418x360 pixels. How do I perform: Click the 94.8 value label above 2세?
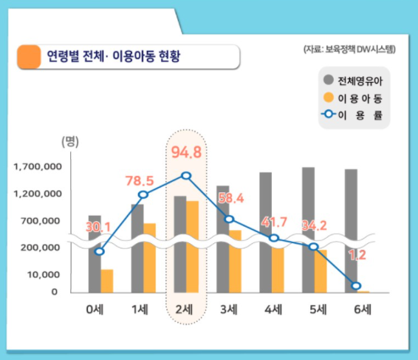(x=186, y=152)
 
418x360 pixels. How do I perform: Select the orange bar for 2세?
(x=193, y=247)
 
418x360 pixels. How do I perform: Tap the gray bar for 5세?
(x=309, y=230)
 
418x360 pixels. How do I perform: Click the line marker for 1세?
(x=143, y=195)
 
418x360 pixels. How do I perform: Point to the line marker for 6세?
(x=357, y=286)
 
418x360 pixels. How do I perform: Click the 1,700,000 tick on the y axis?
(x=38, y=167)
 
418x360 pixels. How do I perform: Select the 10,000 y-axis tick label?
(x=44, y=274)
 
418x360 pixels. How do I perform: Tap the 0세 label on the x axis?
(x=95, y=310)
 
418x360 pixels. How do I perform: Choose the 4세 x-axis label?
(x=273, y=310)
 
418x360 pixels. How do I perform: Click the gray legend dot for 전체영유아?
(x=329, y=80)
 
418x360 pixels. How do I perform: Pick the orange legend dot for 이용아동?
(x=329, y=98)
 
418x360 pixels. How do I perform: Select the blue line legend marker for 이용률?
(x=329, y=115)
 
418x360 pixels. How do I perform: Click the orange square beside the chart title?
(x=29, y=57)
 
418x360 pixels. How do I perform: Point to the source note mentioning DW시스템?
(x=349, y=50)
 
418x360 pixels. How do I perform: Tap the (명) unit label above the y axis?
(x=70, y=141)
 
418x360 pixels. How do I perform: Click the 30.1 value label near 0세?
(x=97, y=227)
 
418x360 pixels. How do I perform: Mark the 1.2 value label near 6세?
(x=357, y=255)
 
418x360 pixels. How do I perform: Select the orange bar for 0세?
(x=107, y=281)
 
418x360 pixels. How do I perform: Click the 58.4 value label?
(x=231, y=198)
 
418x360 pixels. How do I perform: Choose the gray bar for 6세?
(x=351, y=231)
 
